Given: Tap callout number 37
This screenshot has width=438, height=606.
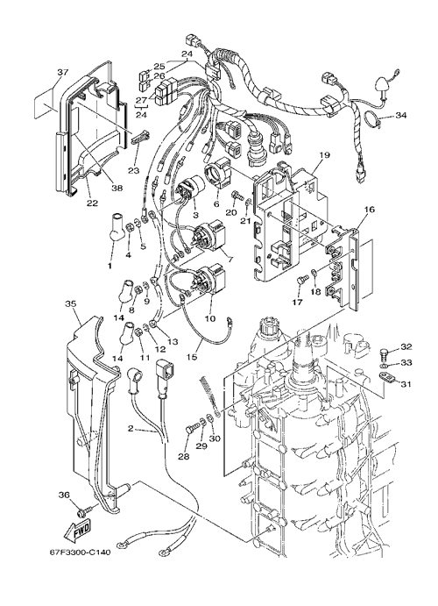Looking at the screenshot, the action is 63,72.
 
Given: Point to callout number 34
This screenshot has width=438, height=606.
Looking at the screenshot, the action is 401,115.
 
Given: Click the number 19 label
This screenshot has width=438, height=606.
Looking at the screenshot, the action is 324,155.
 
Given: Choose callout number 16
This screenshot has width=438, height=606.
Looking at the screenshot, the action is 369,210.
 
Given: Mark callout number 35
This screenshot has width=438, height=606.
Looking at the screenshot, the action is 70,303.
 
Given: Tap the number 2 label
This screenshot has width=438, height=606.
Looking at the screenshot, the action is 131,428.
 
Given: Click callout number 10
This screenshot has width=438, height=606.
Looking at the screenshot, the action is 210,319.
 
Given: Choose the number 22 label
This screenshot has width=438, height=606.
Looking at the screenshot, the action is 93,203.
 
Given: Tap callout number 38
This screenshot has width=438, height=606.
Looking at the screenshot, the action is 117,188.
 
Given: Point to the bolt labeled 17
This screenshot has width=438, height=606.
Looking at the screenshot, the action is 302,279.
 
